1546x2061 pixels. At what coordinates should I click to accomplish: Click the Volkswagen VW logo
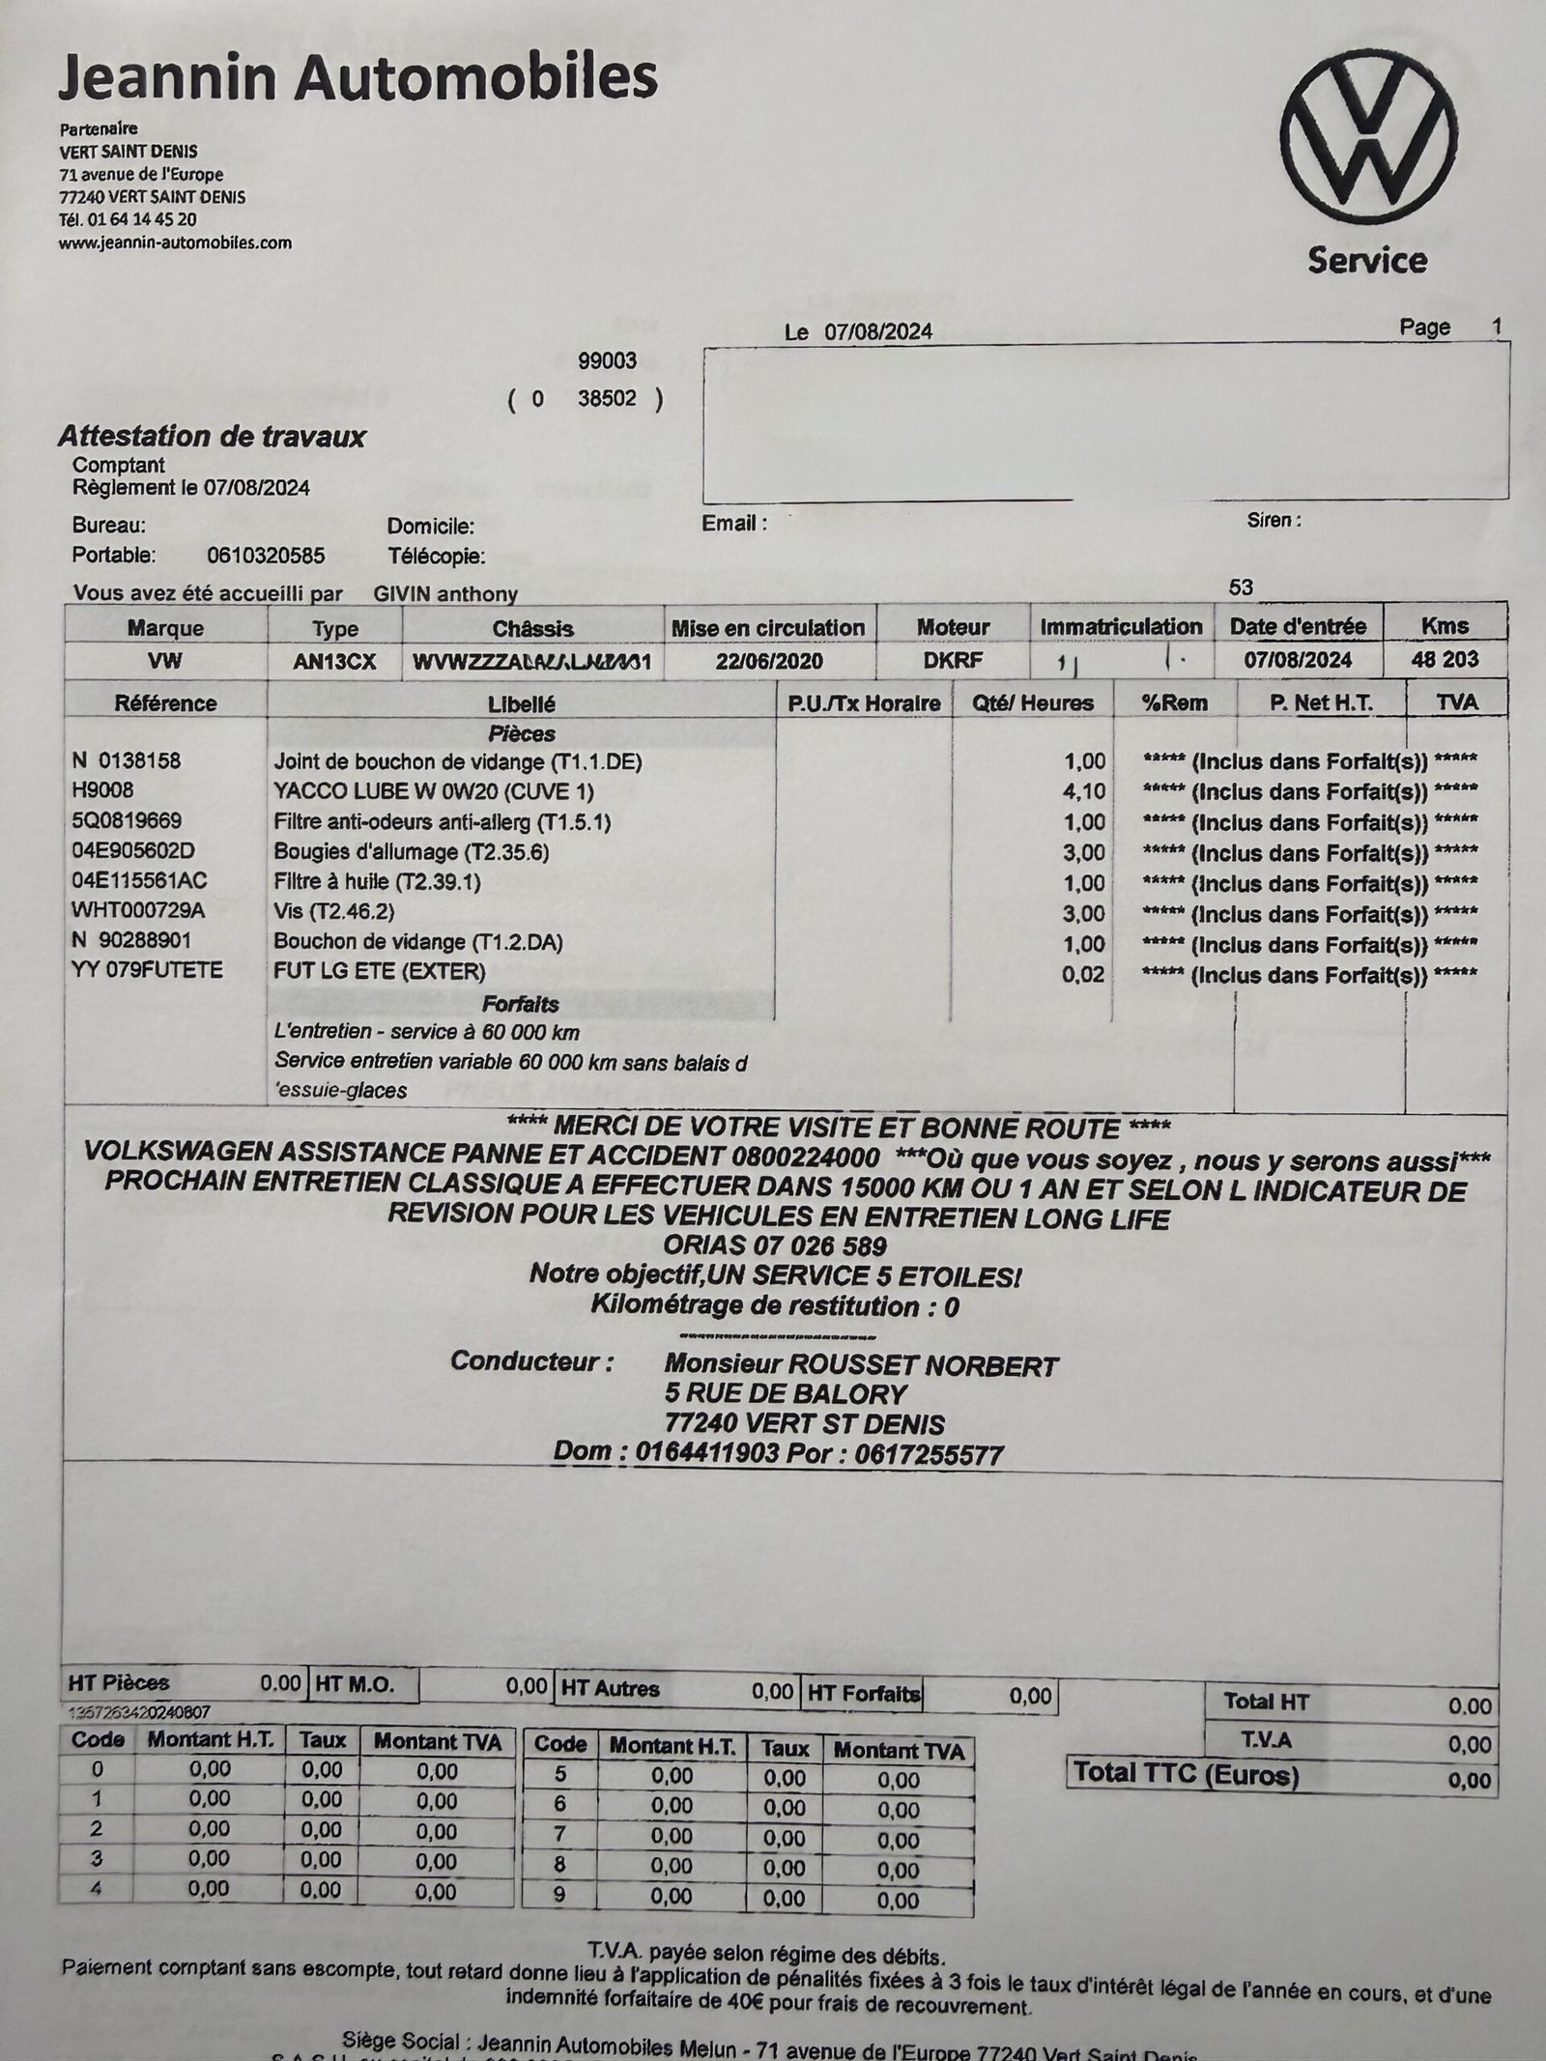1368,150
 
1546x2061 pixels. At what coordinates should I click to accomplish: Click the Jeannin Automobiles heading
358,77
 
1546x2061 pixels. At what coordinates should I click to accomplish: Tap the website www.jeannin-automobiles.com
175,243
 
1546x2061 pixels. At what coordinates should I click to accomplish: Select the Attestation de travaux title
212,436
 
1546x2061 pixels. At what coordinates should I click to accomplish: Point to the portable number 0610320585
266,556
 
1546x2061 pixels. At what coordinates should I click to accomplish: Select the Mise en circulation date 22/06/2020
769,661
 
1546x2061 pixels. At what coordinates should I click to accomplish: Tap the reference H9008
102,790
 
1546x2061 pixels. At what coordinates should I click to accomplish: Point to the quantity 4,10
1083,791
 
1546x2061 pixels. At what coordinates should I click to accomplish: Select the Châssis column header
532,628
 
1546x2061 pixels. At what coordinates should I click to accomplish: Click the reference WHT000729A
138,911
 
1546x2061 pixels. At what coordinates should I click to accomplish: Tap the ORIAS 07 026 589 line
775,1245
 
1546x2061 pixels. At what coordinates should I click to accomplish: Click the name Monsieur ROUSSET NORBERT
861,1365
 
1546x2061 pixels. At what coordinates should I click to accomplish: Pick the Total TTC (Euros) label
1187,1773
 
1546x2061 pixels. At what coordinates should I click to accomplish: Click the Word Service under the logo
1367,260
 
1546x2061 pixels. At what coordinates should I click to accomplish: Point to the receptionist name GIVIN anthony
445,593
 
